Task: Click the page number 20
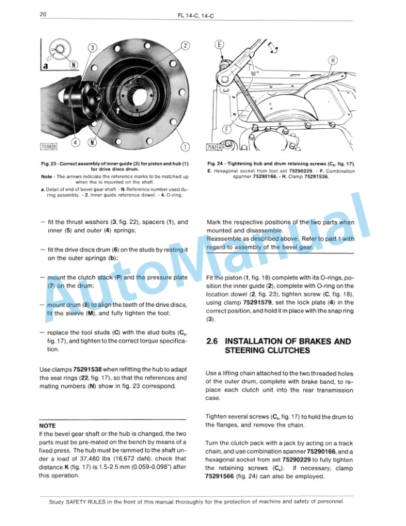(42, 14)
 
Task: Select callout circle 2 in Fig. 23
(185, 45)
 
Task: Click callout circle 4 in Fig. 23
(76, 142)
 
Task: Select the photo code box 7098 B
(49, 145)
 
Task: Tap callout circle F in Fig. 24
(228, 129)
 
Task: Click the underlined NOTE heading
(48, 425)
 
